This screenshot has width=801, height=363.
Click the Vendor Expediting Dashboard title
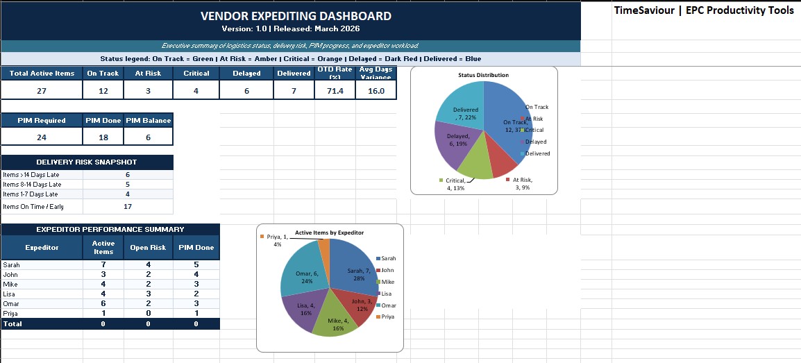pyautogui.click(x=296, y=16)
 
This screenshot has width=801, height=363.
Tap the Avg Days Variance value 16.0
pyautogui.click(x=376, y=91)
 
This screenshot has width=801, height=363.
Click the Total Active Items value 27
pyautogui.click(x=42, y=91)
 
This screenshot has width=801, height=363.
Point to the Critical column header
pyautogui.click(x=196, y=73)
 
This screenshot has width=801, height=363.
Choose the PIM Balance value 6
pyautogui.click(x=148, y=137)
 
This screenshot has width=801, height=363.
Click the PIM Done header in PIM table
pyautogui.click(x=103, y=120)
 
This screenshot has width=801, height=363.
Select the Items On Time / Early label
pyautogui.click(x=33, y=207)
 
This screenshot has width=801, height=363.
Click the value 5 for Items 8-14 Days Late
pyautogui.click(x=128, y=185)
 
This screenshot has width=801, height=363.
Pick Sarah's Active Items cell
pyautogui.click(x=103, y=264)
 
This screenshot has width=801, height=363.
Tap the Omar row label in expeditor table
pyautogui.click(x=12, y=304)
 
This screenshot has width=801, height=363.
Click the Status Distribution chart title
pyautogui.click(x=483, y=75)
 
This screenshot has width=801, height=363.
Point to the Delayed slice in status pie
pyautogui.click(x=455, y=142)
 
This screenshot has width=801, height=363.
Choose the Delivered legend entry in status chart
pyautogui.click(x=537, y=153)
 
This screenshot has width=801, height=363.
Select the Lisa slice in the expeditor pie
pyautogui.click(x=303, y=309)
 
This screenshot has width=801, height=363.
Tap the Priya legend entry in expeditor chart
pyautogui.click(x=387, y=316)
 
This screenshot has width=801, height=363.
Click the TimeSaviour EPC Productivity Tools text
pyautogui.click(x=704, y=11)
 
